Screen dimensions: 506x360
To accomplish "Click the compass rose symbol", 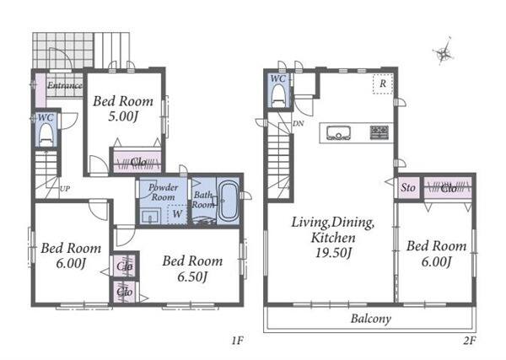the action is pos(444,52).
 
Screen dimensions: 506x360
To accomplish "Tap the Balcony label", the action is pos(371,319).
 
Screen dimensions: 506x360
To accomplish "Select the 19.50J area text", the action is pos(333,253).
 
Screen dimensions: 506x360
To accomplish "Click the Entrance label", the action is pos(65,85).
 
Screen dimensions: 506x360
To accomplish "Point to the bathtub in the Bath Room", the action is pos(229,201).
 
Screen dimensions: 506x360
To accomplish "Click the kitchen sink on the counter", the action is pos(338,132).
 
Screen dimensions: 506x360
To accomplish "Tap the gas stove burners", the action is pos(379,132).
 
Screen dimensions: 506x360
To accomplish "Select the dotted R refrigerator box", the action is pos(383,83).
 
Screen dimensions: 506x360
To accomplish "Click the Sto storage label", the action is pos(408,187).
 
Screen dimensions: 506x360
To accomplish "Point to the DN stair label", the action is pos(299,123).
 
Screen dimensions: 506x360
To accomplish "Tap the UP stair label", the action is pos(65,189).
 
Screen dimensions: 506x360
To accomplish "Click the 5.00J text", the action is pos(123,116).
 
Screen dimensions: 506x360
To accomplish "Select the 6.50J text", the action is pos(192,277).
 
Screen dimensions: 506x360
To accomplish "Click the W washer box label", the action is pos(177,213).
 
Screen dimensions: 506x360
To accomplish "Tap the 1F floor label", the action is pos(237,341).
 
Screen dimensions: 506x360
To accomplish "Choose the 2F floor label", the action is pos(470,341).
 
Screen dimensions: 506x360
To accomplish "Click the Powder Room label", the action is pos(163,192).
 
